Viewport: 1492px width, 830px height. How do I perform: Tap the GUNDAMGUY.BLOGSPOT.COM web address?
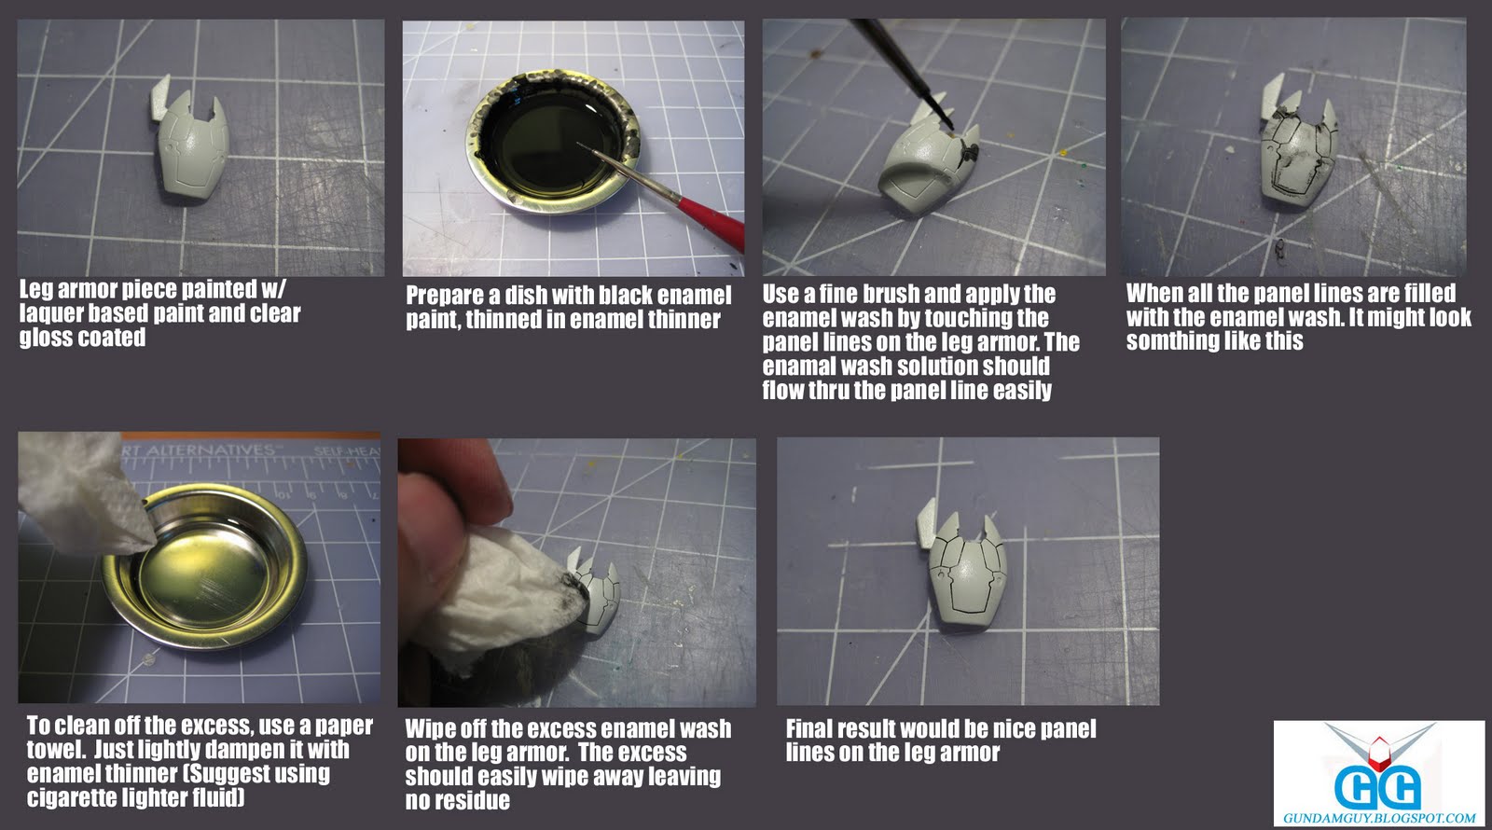(x=1379, y=817)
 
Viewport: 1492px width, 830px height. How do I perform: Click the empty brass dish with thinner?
(x=204, y=566)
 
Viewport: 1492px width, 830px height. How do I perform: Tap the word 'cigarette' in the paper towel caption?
(x=76, y=797)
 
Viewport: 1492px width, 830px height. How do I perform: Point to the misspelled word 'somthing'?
(x=1173, y=341)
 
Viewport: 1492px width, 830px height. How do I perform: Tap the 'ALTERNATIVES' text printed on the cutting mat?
(x=209, y=450)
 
